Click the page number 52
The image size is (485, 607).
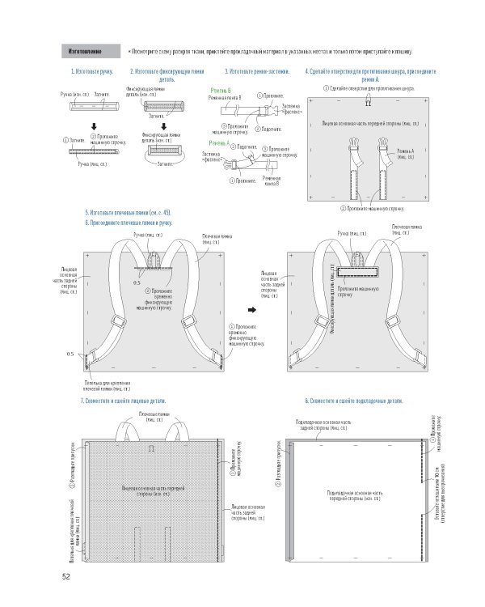pos(65,577)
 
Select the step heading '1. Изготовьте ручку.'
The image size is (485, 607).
pos(88,72)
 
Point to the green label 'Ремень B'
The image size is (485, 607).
pos(220,90)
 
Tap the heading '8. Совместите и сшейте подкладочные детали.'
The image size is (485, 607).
pos(354,402)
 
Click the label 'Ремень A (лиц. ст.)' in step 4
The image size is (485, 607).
pos(406,153)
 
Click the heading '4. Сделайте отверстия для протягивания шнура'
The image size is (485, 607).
pos(371,75)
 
